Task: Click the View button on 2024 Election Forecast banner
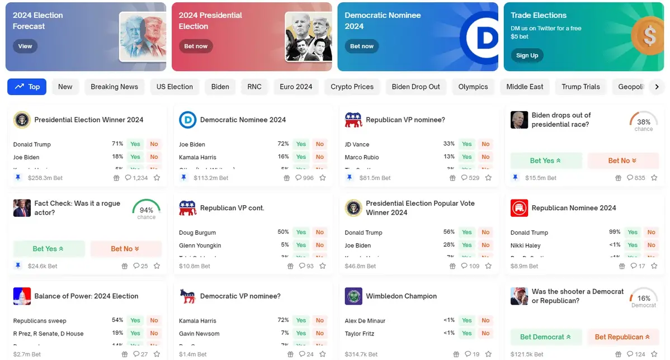point(25,46)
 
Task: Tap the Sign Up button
point(527,55)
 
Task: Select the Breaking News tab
point(114,87)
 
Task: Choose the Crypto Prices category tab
point(352,87)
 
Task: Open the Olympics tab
point(473,87)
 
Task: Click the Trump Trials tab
point(581,87)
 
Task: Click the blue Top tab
point(27,87)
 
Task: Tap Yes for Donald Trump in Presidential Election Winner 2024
point(135,144)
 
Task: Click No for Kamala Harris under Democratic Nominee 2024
point(320,157)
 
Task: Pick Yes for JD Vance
point(467,144)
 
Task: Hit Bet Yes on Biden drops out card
point(545,160)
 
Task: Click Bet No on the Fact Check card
point(125,249)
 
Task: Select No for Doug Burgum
point(320,233)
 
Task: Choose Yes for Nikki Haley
point(633,245)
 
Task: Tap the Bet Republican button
point(622,337)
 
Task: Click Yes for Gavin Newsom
point(301,334)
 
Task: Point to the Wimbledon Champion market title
point(401,296)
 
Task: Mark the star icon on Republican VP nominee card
point(488,178)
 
